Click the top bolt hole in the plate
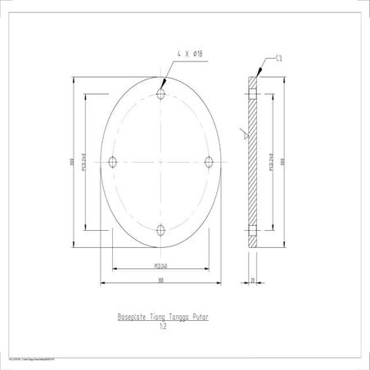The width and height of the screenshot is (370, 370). click(161, 95)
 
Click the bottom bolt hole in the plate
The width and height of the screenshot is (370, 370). click(161, 230)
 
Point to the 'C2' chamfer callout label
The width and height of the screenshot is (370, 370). click(279, 58)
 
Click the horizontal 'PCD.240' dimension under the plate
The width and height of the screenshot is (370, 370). click(160, 265)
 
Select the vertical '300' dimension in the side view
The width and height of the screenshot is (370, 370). click(282, 162)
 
